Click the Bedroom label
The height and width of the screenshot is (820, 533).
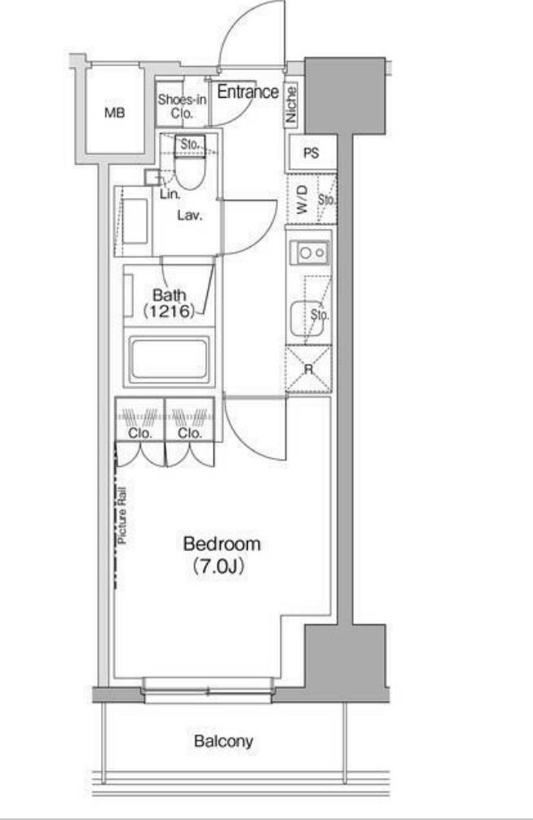pos(222,544)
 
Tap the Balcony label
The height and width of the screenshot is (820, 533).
pos(223,741)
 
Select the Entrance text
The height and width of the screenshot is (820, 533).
pos(248,92)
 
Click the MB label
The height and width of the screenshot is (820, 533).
pos(115,112)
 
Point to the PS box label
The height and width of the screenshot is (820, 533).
pos(311,153)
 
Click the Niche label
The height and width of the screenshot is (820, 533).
pos(291,104)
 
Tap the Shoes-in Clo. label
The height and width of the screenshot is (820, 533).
pos(182,106)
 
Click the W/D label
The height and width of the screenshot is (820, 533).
pos(302,200)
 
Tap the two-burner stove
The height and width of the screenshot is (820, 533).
pos(311,253)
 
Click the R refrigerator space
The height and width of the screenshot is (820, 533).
pos(309,369)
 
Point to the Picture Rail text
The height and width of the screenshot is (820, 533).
pos(122,516)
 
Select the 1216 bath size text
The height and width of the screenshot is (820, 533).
pos(169,311)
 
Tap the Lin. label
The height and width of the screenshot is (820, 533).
pos(170,194)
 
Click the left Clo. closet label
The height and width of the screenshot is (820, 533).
pos(140,433)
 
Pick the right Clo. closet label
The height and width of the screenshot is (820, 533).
pos(189,433)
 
